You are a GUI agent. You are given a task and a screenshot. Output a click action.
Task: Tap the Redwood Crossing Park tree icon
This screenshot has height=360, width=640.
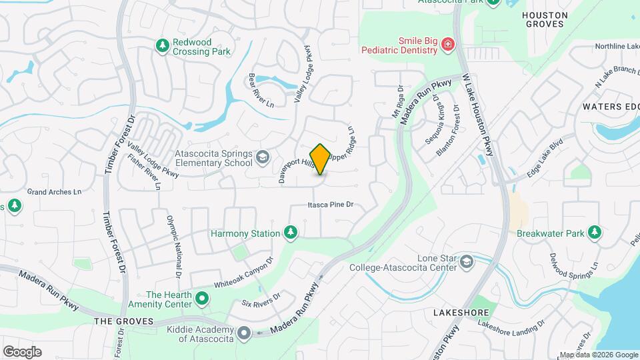161,46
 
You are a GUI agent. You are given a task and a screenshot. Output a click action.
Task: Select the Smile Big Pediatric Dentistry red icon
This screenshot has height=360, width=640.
448,46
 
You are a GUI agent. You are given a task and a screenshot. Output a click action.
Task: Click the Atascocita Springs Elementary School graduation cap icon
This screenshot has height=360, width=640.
263,158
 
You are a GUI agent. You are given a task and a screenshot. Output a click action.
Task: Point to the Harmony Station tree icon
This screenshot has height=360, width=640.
290,233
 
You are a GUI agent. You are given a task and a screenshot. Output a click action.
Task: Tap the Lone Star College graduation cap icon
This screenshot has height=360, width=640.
467,261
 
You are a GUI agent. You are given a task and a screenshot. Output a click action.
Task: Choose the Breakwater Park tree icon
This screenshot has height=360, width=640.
594,233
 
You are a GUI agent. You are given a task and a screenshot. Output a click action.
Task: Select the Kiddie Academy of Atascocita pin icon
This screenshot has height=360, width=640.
244,332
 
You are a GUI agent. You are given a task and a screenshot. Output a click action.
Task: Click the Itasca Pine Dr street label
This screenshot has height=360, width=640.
330,205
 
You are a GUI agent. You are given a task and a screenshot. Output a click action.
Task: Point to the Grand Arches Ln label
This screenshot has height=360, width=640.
53,192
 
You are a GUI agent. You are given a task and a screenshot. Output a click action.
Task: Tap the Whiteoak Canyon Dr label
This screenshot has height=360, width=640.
243,273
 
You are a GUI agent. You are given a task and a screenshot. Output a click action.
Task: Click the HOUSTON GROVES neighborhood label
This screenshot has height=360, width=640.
545,19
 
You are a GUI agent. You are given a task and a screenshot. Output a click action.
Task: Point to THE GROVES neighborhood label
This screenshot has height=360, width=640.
123,321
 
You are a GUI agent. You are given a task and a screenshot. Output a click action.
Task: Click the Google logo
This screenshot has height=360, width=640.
22,351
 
